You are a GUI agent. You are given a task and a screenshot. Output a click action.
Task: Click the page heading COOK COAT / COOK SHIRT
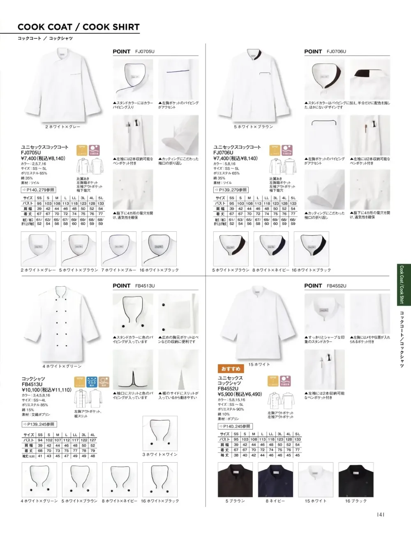point(79,27)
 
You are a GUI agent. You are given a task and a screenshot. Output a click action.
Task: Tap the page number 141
point(381,514)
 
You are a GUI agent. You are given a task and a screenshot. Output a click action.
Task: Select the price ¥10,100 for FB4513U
point(46,389)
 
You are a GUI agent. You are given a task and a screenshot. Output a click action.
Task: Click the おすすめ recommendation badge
point(231,369)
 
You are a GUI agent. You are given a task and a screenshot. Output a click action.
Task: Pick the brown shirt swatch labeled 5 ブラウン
point(235,479)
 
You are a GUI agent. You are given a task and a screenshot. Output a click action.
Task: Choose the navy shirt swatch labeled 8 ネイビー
point(275,479)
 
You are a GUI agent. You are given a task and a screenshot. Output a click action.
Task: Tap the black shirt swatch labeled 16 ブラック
point(356,479)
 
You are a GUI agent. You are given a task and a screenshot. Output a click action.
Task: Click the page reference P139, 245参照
point(39,424)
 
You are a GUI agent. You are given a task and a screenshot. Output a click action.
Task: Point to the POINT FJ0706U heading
point(325,52)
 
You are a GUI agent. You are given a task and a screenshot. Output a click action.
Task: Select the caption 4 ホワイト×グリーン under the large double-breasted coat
point(62,366)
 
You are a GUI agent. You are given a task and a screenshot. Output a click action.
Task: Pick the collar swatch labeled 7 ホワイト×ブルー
point(119,249)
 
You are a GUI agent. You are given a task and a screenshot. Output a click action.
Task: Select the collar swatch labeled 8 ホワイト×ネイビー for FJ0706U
point(271,249)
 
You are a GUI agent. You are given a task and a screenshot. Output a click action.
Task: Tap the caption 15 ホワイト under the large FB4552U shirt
point(259,364)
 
